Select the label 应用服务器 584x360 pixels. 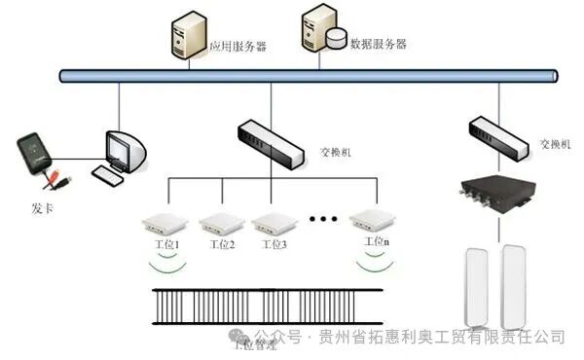[238, 46]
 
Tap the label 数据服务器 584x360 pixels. [379, 44]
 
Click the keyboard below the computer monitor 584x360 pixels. [108, 174]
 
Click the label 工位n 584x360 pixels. [376, 241]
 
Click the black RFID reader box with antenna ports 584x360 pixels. [498, 195]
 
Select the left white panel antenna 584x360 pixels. [477, 286]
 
